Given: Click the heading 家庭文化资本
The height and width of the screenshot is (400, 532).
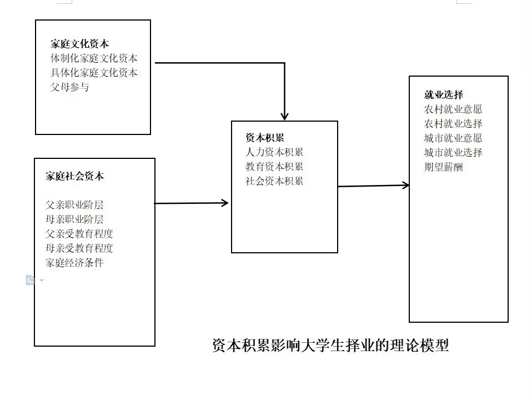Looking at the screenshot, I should click(x=80, y=44).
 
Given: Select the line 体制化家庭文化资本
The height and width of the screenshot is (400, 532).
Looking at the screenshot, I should click(x=94, y=58).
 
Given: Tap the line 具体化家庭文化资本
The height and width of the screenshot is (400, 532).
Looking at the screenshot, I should click(x=94, y=73).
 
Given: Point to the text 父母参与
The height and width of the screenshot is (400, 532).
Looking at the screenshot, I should click(x=69, y=87).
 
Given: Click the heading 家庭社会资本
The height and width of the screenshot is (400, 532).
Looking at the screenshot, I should click(x=74, y=176).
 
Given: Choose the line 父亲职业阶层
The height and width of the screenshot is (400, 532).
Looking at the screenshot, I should click(x=74, y=205).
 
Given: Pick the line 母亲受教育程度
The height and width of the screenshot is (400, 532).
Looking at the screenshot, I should click(x=79, y=248).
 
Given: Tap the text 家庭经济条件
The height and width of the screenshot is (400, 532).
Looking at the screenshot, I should click(x=74, y=263).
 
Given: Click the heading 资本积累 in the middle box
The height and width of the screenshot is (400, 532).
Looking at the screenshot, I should click(x=265, y=138).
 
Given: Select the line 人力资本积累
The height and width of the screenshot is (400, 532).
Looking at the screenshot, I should click(x=274, y=152).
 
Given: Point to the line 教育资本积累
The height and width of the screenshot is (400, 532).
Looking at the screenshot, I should click(x=274, y=167).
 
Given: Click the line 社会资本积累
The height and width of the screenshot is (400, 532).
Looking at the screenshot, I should click(x=274, y=181).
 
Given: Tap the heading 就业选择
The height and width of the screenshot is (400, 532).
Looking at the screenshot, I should click(x=444, y=94).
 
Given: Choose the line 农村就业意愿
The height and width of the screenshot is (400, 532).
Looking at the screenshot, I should click(x=453, y=109).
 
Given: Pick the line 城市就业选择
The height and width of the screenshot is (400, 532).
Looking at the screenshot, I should click(x=453, y=152).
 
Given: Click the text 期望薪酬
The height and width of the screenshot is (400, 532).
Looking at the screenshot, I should click(x=444, y=167).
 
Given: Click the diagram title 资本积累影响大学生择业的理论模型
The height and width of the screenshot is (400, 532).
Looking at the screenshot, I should click(x=330, y=346).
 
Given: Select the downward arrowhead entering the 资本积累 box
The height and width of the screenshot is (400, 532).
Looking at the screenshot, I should click(x=284, y=117).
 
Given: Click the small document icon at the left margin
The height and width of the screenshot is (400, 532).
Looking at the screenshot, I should click(x=31, y=280).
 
